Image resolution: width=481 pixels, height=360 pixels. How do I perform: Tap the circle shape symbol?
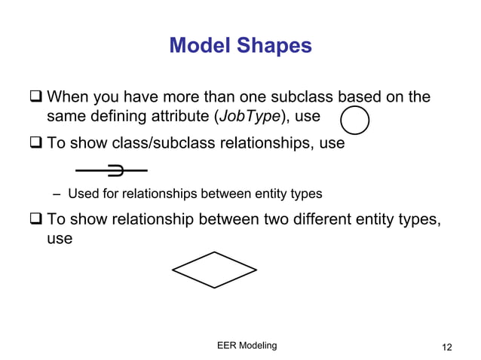pyautogui.click(x=355, y=121)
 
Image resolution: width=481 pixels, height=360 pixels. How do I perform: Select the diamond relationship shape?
pyautogui.click(x=214, y=270)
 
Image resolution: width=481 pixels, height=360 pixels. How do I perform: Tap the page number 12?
pyautogui.click(x=447, y=346)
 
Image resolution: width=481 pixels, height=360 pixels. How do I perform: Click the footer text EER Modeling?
pyautogui.click(x=247, y=345)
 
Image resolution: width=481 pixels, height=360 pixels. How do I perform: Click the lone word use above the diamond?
pyautogui.click(x=60, y=239)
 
